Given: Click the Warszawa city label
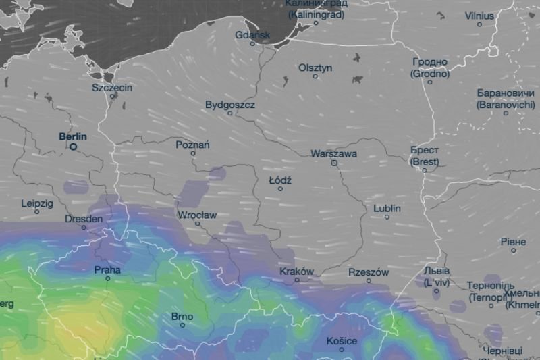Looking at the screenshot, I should pos(334,153).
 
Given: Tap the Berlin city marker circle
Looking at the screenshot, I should pos(74,147).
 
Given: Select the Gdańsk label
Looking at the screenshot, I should pos(253,34).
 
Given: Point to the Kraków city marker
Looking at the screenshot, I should pos(297,280).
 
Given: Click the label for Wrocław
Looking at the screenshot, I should pos(196,215).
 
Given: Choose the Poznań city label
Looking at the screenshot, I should pos(192,145).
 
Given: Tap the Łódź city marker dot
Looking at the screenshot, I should pos(281,189).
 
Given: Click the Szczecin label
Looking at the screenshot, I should pos(112,88).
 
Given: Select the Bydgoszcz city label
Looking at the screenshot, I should pos(230,105).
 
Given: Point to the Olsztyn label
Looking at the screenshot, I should pos(315,68).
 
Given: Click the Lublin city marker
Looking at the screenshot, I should pos(387,217).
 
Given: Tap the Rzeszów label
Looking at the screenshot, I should pos(369,272).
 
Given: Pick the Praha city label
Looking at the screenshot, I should pos(107,270).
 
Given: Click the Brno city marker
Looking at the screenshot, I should pos(182,326).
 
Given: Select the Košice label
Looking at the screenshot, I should pos(342,340).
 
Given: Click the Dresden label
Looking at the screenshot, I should pos(84,219).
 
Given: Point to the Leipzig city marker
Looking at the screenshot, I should pos(37,212).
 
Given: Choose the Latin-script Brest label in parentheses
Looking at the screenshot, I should pos(425,162).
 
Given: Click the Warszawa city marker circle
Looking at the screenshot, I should pos(334,163).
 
